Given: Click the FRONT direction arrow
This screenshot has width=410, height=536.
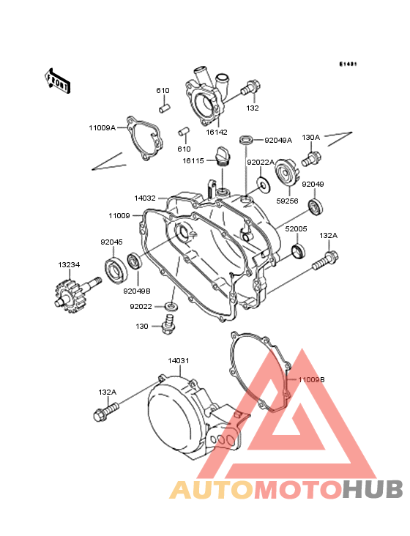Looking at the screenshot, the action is [x=57, y=81].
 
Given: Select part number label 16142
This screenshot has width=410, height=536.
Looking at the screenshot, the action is [x=217, y=132].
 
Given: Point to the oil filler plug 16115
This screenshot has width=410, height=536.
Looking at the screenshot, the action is [x=223, y=157].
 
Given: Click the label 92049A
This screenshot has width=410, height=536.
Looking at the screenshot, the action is [x=278, y=140].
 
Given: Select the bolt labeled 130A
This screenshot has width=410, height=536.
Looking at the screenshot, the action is [x=311, y=160].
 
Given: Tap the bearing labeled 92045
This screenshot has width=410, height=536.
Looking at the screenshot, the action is [x=116, y=272].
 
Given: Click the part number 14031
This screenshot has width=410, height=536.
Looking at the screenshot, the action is [x=179, y=361].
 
